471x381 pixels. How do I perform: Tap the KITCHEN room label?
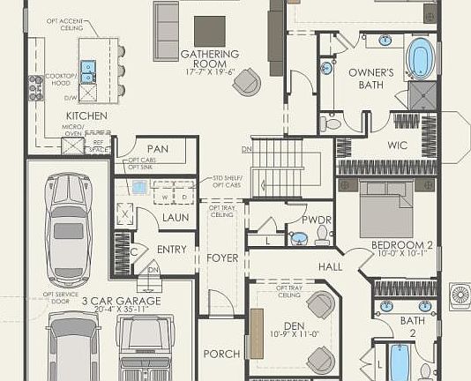pyautogui.click(x=86, y=116)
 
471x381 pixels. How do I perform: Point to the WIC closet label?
pyautogui.click(x=398, y=146)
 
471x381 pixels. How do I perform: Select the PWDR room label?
pyautogui.click(x=316, y=219)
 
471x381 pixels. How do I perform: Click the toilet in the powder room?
pyautogui.click(x=323, y=235)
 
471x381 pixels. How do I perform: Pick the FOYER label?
pyautogui.click(x=222, y=258)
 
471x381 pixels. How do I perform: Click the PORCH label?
pyautogui.click(x=221, y=354)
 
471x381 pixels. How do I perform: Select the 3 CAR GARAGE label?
pyautogui.click(x=121, y=302)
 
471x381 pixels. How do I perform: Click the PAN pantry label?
pyautogui.click(x=157, y=149)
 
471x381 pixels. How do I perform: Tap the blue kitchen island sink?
pyautogui.click(x=87, y=67)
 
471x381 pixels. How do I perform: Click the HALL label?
pyautogui.click(x=330, y=265)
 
